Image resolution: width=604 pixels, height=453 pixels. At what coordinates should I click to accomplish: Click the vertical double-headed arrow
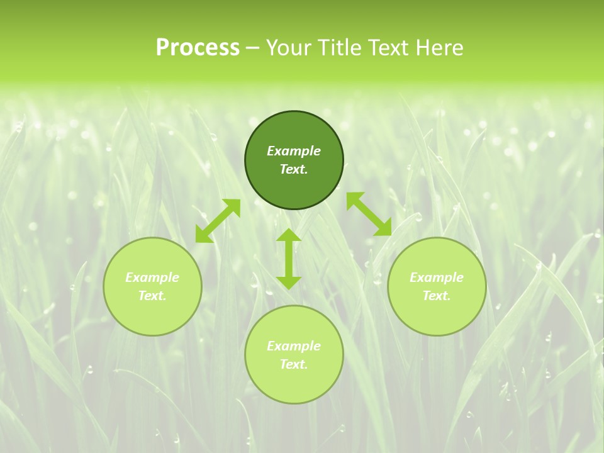coord(289,259)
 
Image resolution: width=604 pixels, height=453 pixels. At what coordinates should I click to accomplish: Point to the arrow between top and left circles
coord(218,221)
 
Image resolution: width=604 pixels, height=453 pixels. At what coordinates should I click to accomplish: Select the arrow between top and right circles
coord(369,214)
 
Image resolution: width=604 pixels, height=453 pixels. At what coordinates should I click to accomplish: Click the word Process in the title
coord(198,47)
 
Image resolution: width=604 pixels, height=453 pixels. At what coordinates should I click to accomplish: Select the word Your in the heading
coord(287,47)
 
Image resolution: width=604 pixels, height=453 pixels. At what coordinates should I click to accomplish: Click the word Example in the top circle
coord(294,151)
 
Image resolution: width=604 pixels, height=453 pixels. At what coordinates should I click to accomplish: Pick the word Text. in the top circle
coord(294,169)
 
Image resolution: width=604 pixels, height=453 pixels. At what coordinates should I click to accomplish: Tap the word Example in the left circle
coord(152,277)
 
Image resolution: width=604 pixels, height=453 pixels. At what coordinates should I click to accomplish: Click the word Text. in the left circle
coord(152,296)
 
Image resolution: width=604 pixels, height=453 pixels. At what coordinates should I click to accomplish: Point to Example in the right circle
coord(437,277)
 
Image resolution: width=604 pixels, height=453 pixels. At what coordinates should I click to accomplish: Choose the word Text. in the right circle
coord(437,296)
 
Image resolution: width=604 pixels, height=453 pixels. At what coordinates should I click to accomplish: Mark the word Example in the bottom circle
coord(294,346)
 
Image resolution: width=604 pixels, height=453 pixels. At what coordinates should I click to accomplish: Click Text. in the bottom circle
coord(294,364)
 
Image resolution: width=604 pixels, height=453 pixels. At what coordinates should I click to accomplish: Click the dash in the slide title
coord(253,48)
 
